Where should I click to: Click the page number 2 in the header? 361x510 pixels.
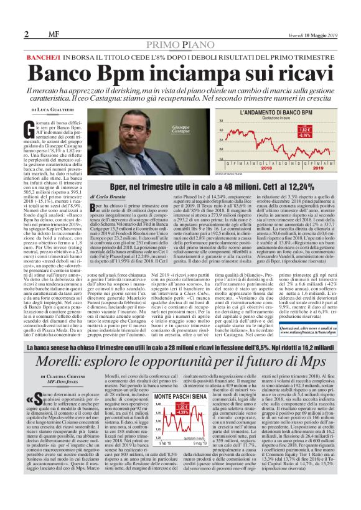27,34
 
